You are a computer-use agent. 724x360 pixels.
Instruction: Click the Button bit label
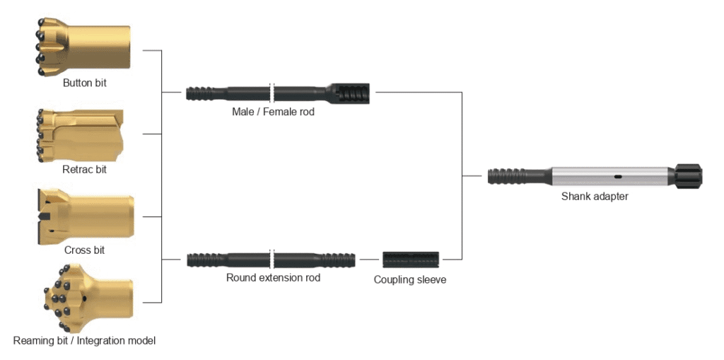pyautogui.click(x=85, y=83)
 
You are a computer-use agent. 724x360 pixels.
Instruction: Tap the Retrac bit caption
pyautogui.click(x=85, y=169)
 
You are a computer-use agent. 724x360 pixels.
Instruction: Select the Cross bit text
pyautogui.click(x=85, y=250)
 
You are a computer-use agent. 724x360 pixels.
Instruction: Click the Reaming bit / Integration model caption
pyautogui.click(x=84, y=341)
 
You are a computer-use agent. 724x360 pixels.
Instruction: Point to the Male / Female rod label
pyautogui.click(x=273, y=112)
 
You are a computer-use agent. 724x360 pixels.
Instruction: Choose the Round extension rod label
pyautogui.click(x=273, y=278)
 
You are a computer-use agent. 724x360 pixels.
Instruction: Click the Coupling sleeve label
pyautogui.click(x=410, y=280)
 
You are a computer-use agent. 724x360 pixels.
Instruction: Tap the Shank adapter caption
pyautogui.click(x=595, y=197)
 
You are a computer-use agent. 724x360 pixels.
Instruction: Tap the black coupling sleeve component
pyautogui.click(x=410, y=260)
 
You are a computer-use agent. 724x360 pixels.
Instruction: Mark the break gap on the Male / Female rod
pyautogui.click(x=271, y=93)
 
